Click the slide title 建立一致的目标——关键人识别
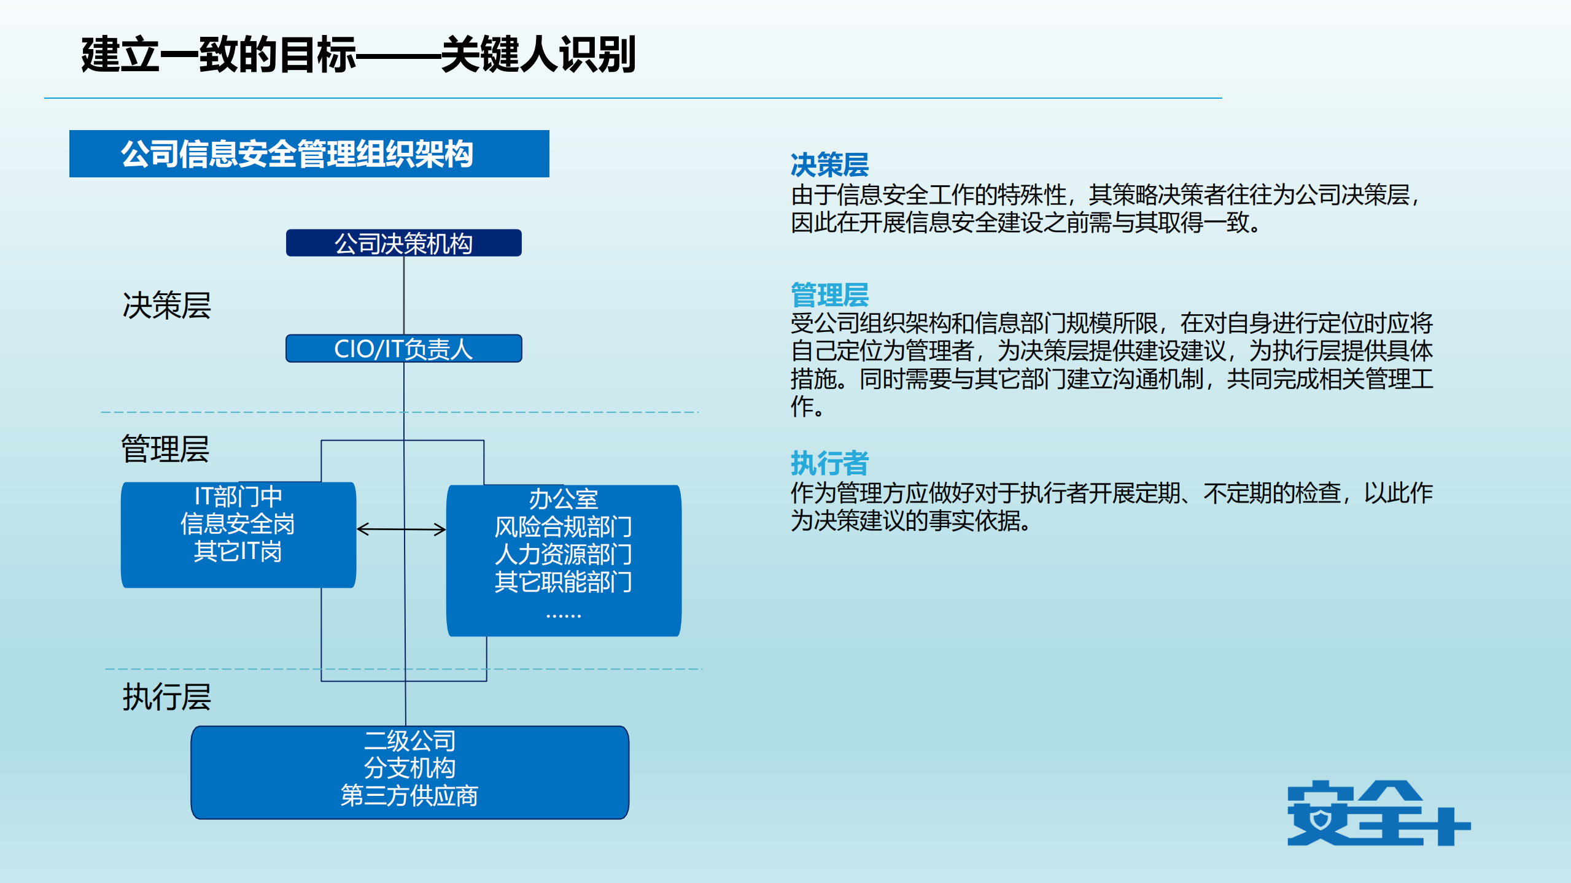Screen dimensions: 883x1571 (x=358, y=55)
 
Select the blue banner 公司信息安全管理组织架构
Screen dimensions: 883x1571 (x=309, y=154)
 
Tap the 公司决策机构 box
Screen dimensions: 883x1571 (x=403, y=244)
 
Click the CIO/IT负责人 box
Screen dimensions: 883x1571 (x=403, y=349)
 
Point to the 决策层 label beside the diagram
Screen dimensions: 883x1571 (x=166, y=306)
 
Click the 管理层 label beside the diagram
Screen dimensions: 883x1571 (x=165, y=449)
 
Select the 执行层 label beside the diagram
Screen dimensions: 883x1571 (x=166, y=697)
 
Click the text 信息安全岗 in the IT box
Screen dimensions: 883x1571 (x=238, y=524)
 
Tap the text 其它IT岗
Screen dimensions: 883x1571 (x=238, y=552)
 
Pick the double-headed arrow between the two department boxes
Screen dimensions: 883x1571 (x=401, y=529)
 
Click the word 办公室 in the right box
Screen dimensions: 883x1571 (x=563, y=499)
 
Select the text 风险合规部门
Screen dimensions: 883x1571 (x=563, y=526)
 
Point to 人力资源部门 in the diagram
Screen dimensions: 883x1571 (x=563, y=554)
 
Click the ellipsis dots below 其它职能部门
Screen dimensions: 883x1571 (x=563, y=614)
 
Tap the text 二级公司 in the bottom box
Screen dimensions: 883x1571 (x=409, y=741)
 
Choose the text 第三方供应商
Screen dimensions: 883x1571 (x=409, y=796)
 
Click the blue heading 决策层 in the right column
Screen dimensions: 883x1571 (x=829, y=164)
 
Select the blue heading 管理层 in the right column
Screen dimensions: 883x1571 (x=829, y=295)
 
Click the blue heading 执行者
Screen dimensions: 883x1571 (x=829, y=463)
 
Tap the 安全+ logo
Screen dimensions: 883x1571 (x=1378, y=814)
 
